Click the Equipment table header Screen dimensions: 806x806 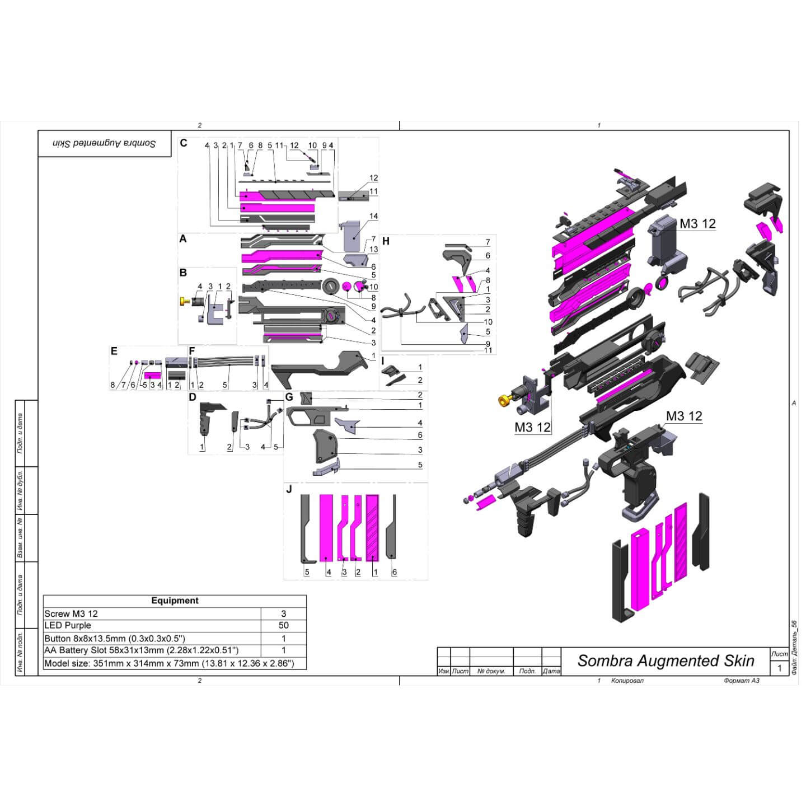click(x=175, y=601)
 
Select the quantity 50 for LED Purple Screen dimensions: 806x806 click(x=283, y=626)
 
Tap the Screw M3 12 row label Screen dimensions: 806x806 click(x=71, y=613)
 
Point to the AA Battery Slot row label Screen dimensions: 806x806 click(x=142, y=650)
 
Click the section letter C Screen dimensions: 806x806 click(x=184, y=143)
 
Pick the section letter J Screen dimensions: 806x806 click(x=289, y=489)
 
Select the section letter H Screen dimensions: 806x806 click(x=386, y=242)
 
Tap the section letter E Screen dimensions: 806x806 click(x=114, y=352)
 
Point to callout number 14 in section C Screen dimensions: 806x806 click(x=373, y=216)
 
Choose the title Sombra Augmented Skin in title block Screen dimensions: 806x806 click(x=666, y=661)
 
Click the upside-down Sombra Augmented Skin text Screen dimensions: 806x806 click(x=105, y=144)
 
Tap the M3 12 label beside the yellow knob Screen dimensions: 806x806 click(x=532, y=428)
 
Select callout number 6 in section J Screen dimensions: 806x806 click(x=395, y=572)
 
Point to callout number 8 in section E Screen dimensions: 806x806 click(x=113, y=385)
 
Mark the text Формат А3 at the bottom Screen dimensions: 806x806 click(x=741, y=681)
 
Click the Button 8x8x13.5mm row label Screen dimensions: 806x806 click(x=115, y=638)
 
